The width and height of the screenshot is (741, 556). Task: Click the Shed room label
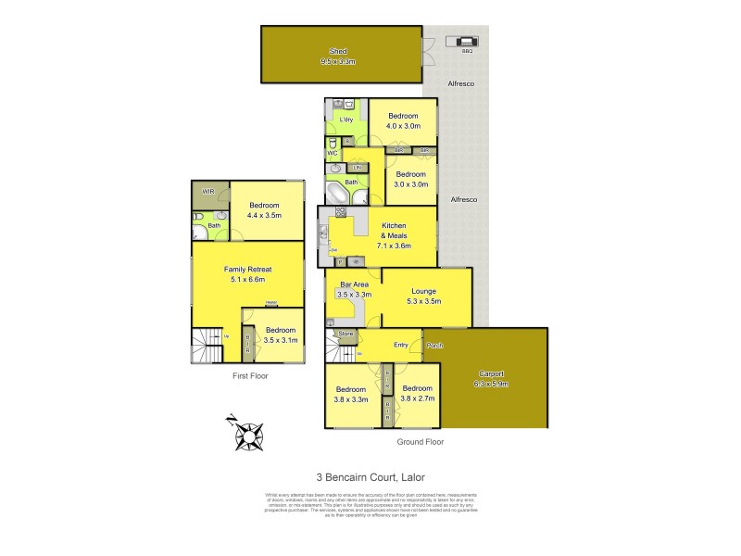click(x=338, y=51)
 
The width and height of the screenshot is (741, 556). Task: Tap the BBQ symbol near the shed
click(x=461, y=42)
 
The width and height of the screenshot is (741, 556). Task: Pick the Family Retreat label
click(x=248, y=269)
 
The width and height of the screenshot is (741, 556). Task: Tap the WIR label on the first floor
click(x=208, y=192)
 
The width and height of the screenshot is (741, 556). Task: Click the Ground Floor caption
click(x=420, y=442)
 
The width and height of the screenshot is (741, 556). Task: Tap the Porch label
click(x=434, y=346)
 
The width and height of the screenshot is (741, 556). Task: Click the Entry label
click(x=400, y=345)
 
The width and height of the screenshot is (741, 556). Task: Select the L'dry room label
click(x=346, y=121)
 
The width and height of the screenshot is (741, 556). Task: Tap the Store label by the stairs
click(x=345, y=333)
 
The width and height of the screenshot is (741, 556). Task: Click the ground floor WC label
click(x=332, y=153)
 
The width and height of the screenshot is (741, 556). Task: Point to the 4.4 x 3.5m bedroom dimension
click(x=264, y=216)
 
